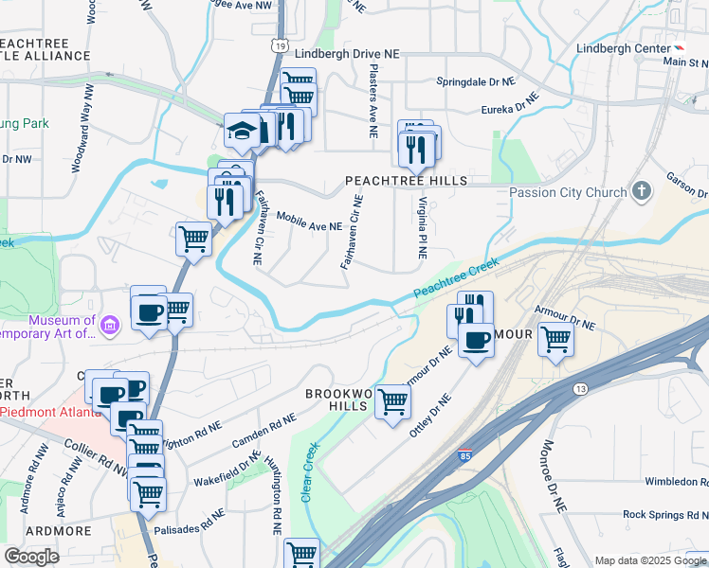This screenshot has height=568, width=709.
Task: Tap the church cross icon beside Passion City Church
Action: (x=643, y=191)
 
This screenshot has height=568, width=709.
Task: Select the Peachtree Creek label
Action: (x=456, y=280)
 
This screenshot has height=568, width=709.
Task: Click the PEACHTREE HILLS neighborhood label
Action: (x=406, y=180)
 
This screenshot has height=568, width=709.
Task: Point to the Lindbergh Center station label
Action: (x=621, y=48)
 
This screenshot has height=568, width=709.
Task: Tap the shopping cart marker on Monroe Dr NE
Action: (x=555, y=339)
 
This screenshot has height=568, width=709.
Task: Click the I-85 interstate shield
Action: (x=464, y=455)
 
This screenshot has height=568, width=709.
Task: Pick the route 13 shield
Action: (x=580, y=388)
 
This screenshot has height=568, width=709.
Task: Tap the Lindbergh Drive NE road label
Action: (x=346, y=55)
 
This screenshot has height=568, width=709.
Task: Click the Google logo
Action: (x=30, y=556)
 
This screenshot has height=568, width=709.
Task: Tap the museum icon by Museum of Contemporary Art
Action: (x=110, y=327)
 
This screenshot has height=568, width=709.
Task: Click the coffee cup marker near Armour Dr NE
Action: (x=476, y=339)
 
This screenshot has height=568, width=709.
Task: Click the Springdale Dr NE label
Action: (x=475, y=82)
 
